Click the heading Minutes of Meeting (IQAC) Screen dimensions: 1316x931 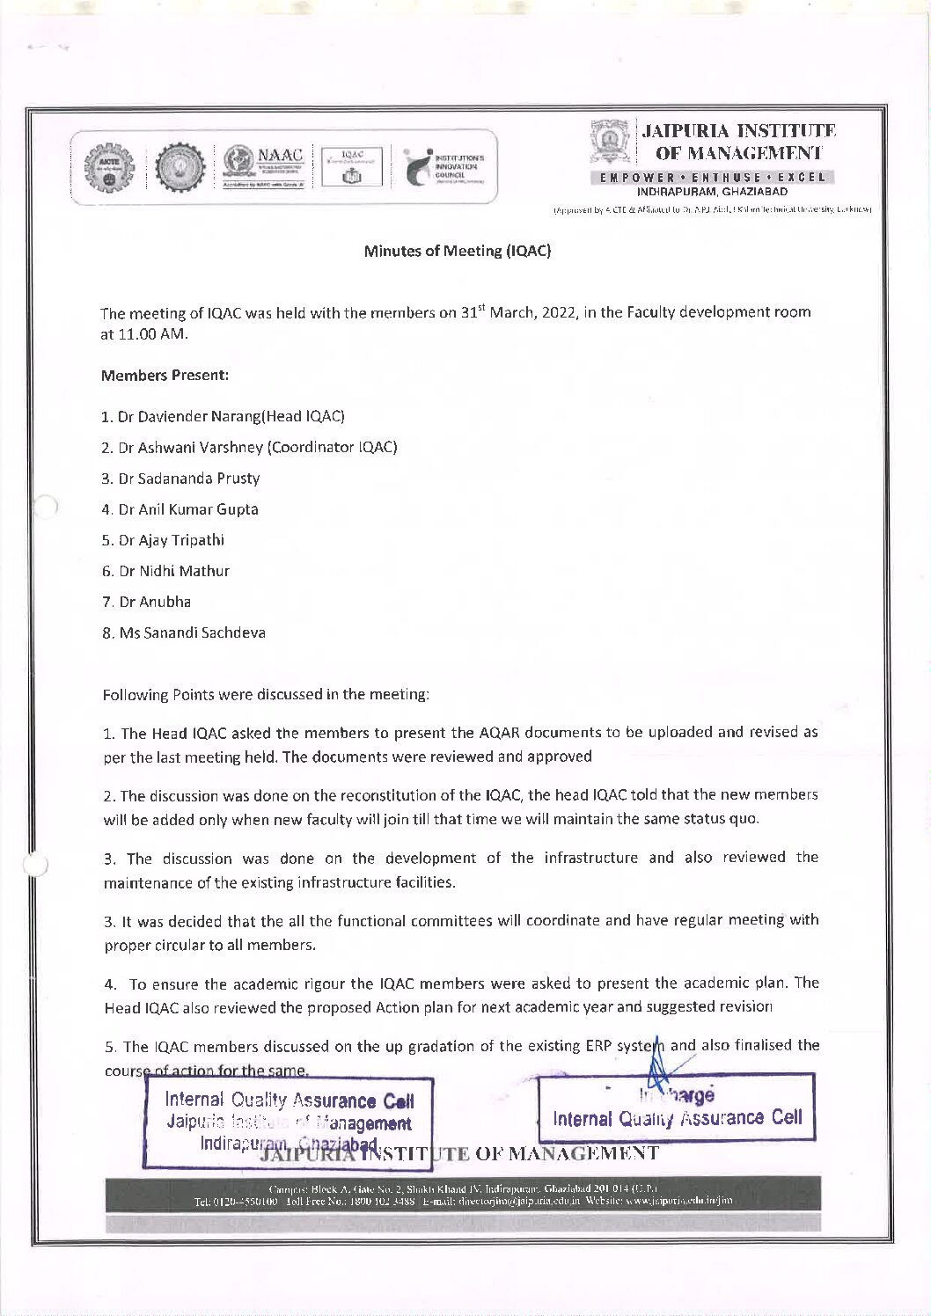click(457, 252)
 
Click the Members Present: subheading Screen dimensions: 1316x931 click(165, 376)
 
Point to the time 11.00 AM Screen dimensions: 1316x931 click(150, 335)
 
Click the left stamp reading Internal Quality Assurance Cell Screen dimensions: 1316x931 click(289, 1112)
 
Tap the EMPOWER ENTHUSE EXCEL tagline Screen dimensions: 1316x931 click(713, 177)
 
